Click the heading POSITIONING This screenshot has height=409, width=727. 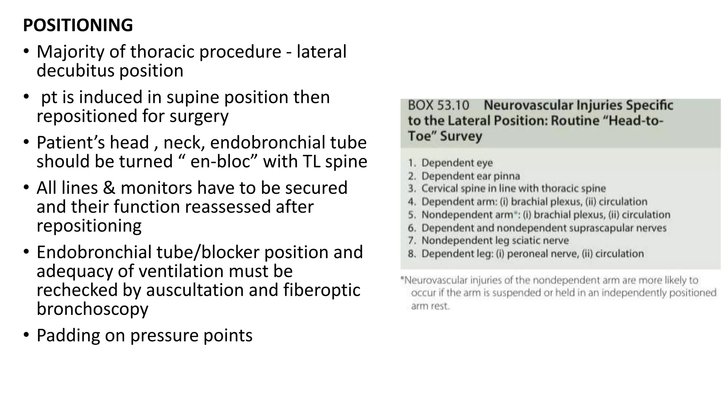[78, 25]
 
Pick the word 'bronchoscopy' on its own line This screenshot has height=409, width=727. [92, 309]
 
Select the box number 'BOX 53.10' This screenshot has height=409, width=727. [438, 105]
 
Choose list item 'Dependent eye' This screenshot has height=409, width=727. [457, 163]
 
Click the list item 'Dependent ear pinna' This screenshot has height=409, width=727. [470, 176]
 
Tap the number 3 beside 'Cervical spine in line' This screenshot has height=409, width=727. [412, 189]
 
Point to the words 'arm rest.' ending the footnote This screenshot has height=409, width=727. [430, 306]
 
